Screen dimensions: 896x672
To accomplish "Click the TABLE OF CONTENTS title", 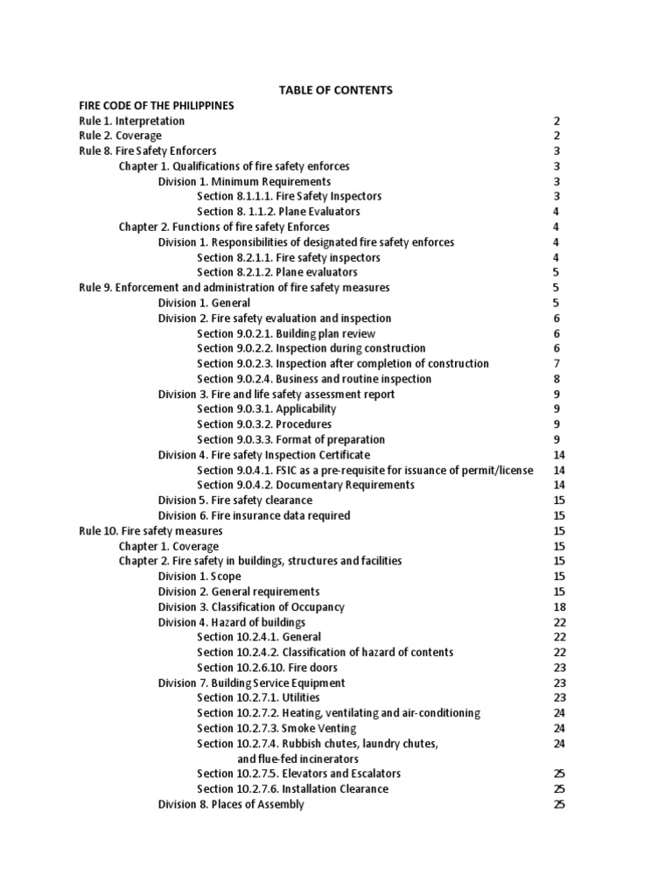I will [335, 90].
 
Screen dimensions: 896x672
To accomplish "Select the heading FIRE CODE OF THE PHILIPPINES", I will [157, 105].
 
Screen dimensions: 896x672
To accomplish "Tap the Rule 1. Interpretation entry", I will [131, 121].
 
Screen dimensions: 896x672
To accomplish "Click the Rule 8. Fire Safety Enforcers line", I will [147, 150].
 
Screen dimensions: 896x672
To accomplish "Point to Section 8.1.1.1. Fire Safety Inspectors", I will [289, 196].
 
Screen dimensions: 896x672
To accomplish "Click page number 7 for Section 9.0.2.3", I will [556, 363].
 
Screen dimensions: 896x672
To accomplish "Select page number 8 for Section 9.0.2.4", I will [556, 379].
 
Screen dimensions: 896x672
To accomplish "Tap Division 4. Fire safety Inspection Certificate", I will [263, 455].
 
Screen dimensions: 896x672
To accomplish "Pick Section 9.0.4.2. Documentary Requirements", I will [305, 485].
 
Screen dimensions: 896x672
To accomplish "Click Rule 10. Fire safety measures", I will [150, 530].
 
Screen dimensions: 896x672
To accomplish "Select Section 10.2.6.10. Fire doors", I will [276, 668].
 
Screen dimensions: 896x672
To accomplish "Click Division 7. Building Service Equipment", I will [251, 682].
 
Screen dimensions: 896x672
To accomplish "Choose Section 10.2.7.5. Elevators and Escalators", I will [298, 773].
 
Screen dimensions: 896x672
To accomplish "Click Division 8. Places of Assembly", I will [231, 804].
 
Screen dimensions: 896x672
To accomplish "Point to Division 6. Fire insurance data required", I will [254, 515].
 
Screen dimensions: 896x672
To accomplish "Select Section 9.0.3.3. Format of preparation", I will [290, 439].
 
